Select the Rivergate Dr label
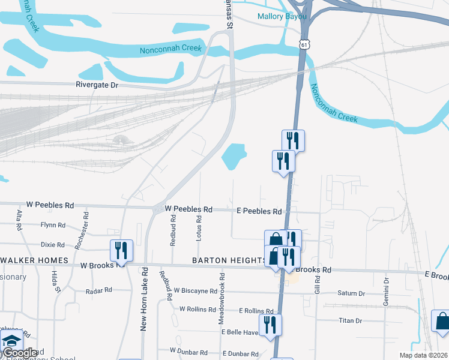(x=97, y=85)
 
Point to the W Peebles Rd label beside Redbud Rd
(x=188, y=209)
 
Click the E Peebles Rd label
(x=259, y=211)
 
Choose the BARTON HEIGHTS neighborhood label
(x=229, y=260)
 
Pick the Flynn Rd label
(x=53, y=225)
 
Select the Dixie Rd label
(x=52, y=245)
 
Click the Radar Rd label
(x=99, y=290)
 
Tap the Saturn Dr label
(x=351, y=293)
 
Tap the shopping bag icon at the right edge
(x=442, y=320)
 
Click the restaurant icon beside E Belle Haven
(x=271, y=325)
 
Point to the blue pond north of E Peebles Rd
(x=234, y=157)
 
